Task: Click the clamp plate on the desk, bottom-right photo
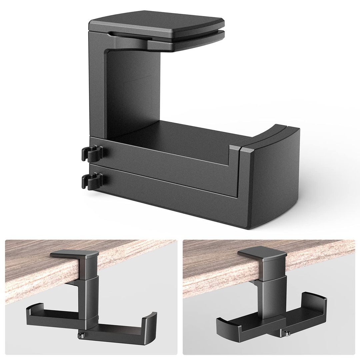(264, 255)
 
